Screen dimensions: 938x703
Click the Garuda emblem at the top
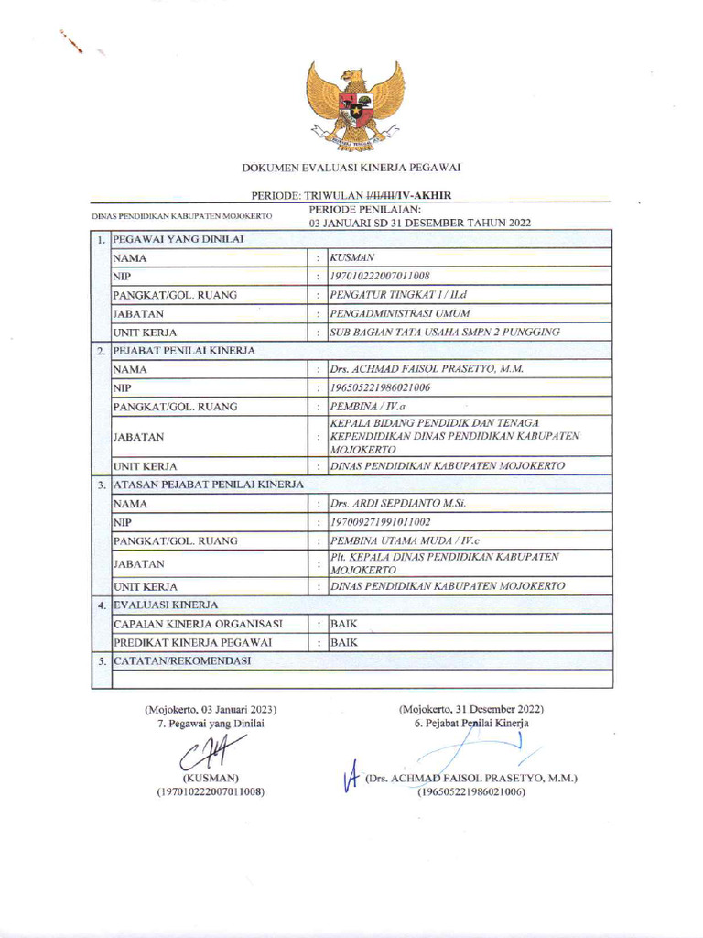tap(355, 104)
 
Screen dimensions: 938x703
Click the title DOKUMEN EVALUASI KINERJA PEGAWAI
tap(351, 167)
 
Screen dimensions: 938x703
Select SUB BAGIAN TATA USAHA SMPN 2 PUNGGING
tap(444, 332)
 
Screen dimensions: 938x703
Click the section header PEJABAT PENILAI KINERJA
tap(183, 350)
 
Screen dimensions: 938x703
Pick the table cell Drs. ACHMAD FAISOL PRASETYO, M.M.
tap(427, 369)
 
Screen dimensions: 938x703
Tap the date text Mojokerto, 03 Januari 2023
tap(211, 709)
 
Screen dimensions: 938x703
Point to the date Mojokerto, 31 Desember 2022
tap(471, 709)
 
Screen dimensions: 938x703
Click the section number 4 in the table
tap(101, 605)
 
